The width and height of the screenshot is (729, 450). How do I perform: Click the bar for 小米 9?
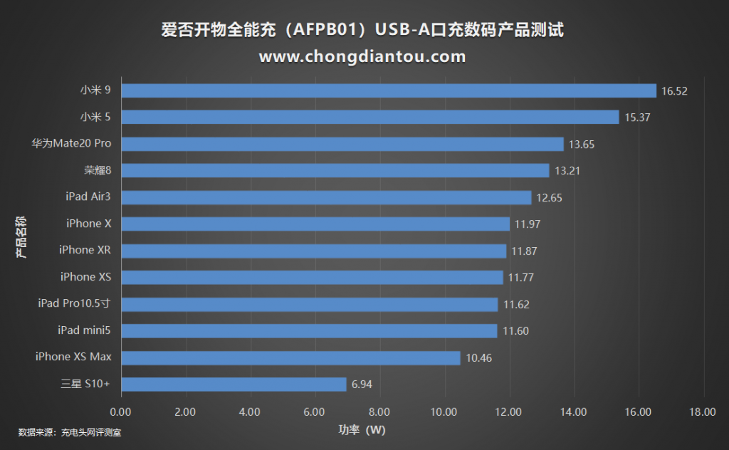388,90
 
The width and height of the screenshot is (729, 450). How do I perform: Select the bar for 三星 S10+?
234,384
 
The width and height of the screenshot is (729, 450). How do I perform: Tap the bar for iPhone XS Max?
290,357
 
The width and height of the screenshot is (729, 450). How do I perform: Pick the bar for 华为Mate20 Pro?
342,144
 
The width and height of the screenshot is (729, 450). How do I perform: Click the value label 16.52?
674,91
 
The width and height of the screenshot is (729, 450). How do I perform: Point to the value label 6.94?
362,384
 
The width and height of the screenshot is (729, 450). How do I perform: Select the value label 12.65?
549,198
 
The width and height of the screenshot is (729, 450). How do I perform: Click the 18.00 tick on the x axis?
703,412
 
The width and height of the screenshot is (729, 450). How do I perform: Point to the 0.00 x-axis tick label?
121,412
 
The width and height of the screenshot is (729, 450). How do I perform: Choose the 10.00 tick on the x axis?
444,412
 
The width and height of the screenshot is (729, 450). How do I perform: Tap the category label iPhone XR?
85,250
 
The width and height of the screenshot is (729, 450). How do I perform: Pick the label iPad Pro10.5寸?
75,303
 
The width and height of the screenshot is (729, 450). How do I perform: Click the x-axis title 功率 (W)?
362,430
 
